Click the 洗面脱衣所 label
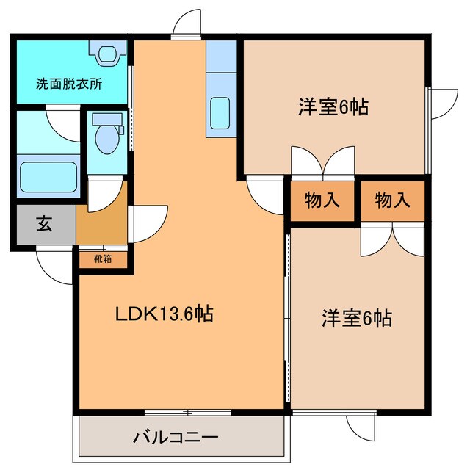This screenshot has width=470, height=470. coord(69,84)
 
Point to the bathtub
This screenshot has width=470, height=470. coord(48,176)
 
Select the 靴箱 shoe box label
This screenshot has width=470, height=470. coord(103,258)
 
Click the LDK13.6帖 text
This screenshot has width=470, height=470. coord(164,314)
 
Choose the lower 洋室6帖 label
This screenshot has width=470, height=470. coord(356,318)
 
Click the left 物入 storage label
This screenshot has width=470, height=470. coord(322,200)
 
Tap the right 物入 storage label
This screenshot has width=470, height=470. coord(391,200)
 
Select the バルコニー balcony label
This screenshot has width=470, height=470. coord(176,438)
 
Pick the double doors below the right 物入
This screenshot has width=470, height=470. coord(392,237)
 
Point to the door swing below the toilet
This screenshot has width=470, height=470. coord(104,191)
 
